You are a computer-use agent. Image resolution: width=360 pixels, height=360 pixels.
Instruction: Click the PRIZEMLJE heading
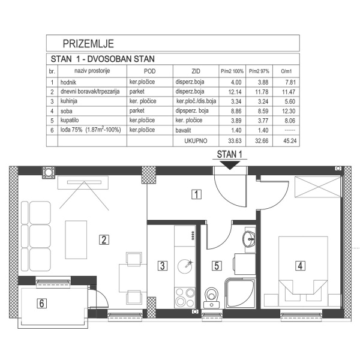pyautogui.click(x=88, y=43)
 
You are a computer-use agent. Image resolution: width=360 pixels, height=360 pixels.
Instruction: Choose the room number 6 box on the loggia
pyautogui.click(x=41, y=302)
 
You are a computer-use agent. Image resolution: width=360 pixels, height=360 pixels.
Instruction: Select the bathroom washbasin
pyautogui.click(x=248, y=240)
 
